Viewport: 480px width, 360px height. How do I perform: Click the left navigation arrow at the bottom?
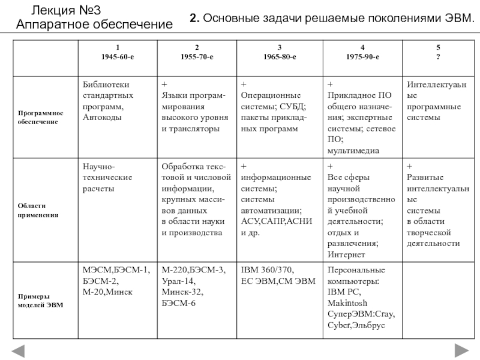click(x=20, y=350)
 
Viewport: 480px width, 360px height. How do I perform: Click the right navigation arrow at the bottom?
click(x=461, y=350)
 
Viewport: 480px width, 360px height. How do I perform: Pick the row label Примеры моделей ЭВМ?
click(x=41, y=301)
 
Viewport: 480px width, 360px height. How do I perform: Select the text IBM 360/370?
click(x=266, y=270)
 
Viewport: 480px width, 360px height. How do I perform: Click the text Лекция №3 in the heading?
click(x=61, y=11)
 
